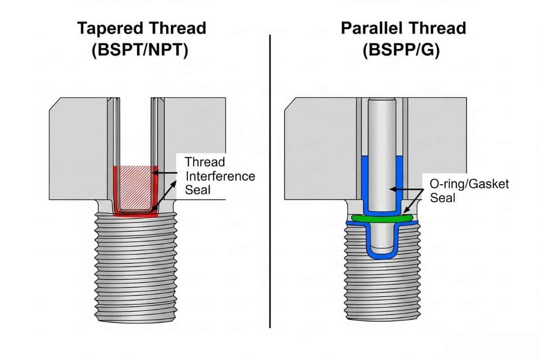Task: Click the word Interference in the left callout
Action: (220, 176)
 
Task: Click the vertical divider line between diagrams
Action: (270, 180)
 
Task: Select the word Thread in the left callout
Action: (205, 162)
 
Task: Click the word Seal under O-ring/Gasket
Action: (443, 198)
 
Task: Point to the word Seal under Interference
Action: (198, 190)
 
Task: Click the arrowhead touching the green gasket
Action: (405, 210)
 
